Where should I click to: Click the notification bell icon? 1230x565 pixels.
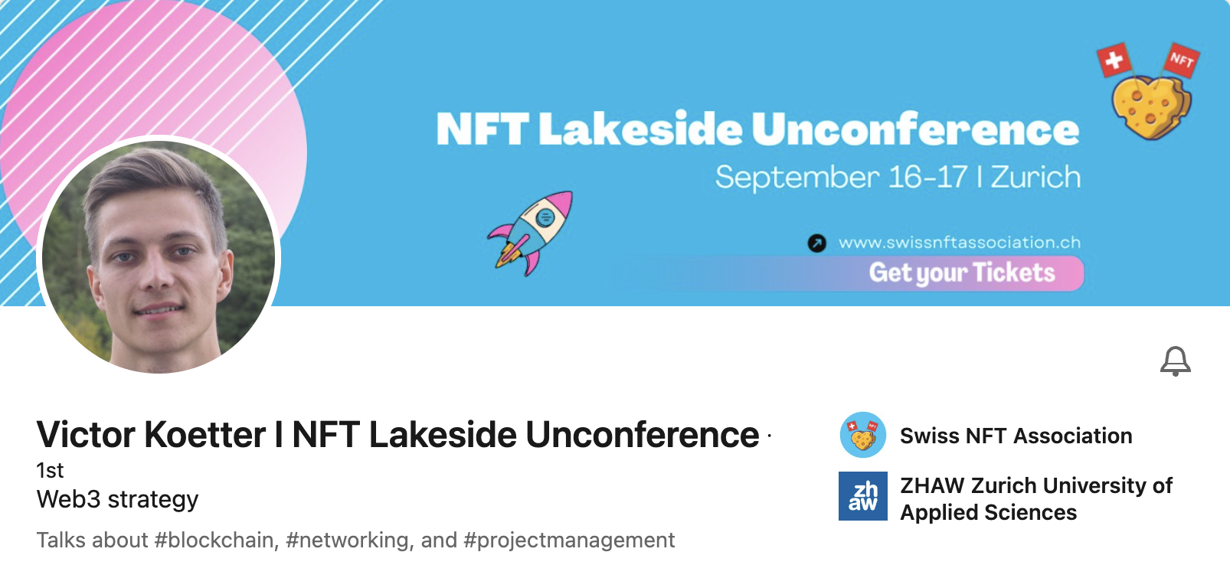coord(1175,361)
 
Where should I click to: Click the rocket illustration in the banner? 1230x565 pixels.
coord(531,234)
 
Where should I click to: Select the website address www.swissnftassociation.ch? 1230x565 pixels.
coord(960,243)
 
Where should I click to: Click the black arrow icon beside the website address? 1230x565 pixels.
coord(816,243)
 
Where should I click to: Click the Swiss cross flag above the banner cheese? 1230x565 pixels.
coord(1114,60)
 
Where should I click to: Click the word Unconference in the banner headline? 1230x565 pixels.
coord(914,129)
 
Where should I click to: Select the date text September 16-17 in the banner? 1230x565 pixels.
coord(841,178)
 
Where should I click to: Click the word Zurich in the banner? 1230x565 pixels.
coord(1035,178)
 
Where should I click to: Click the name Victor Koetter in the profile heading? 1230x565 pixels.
coord(151,435)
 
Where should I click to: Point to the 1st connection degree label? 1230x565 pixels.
coord(50,471)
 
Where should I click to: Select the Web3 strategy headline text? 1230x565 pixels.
coord(117,500)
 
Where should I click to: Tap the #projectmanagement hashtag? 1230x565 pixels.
coord(569,541)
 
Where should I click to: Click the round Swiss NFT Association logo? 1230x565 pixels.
coord(862,435)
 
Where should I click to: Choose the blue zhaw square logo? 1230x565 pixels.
coord(862,496)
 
